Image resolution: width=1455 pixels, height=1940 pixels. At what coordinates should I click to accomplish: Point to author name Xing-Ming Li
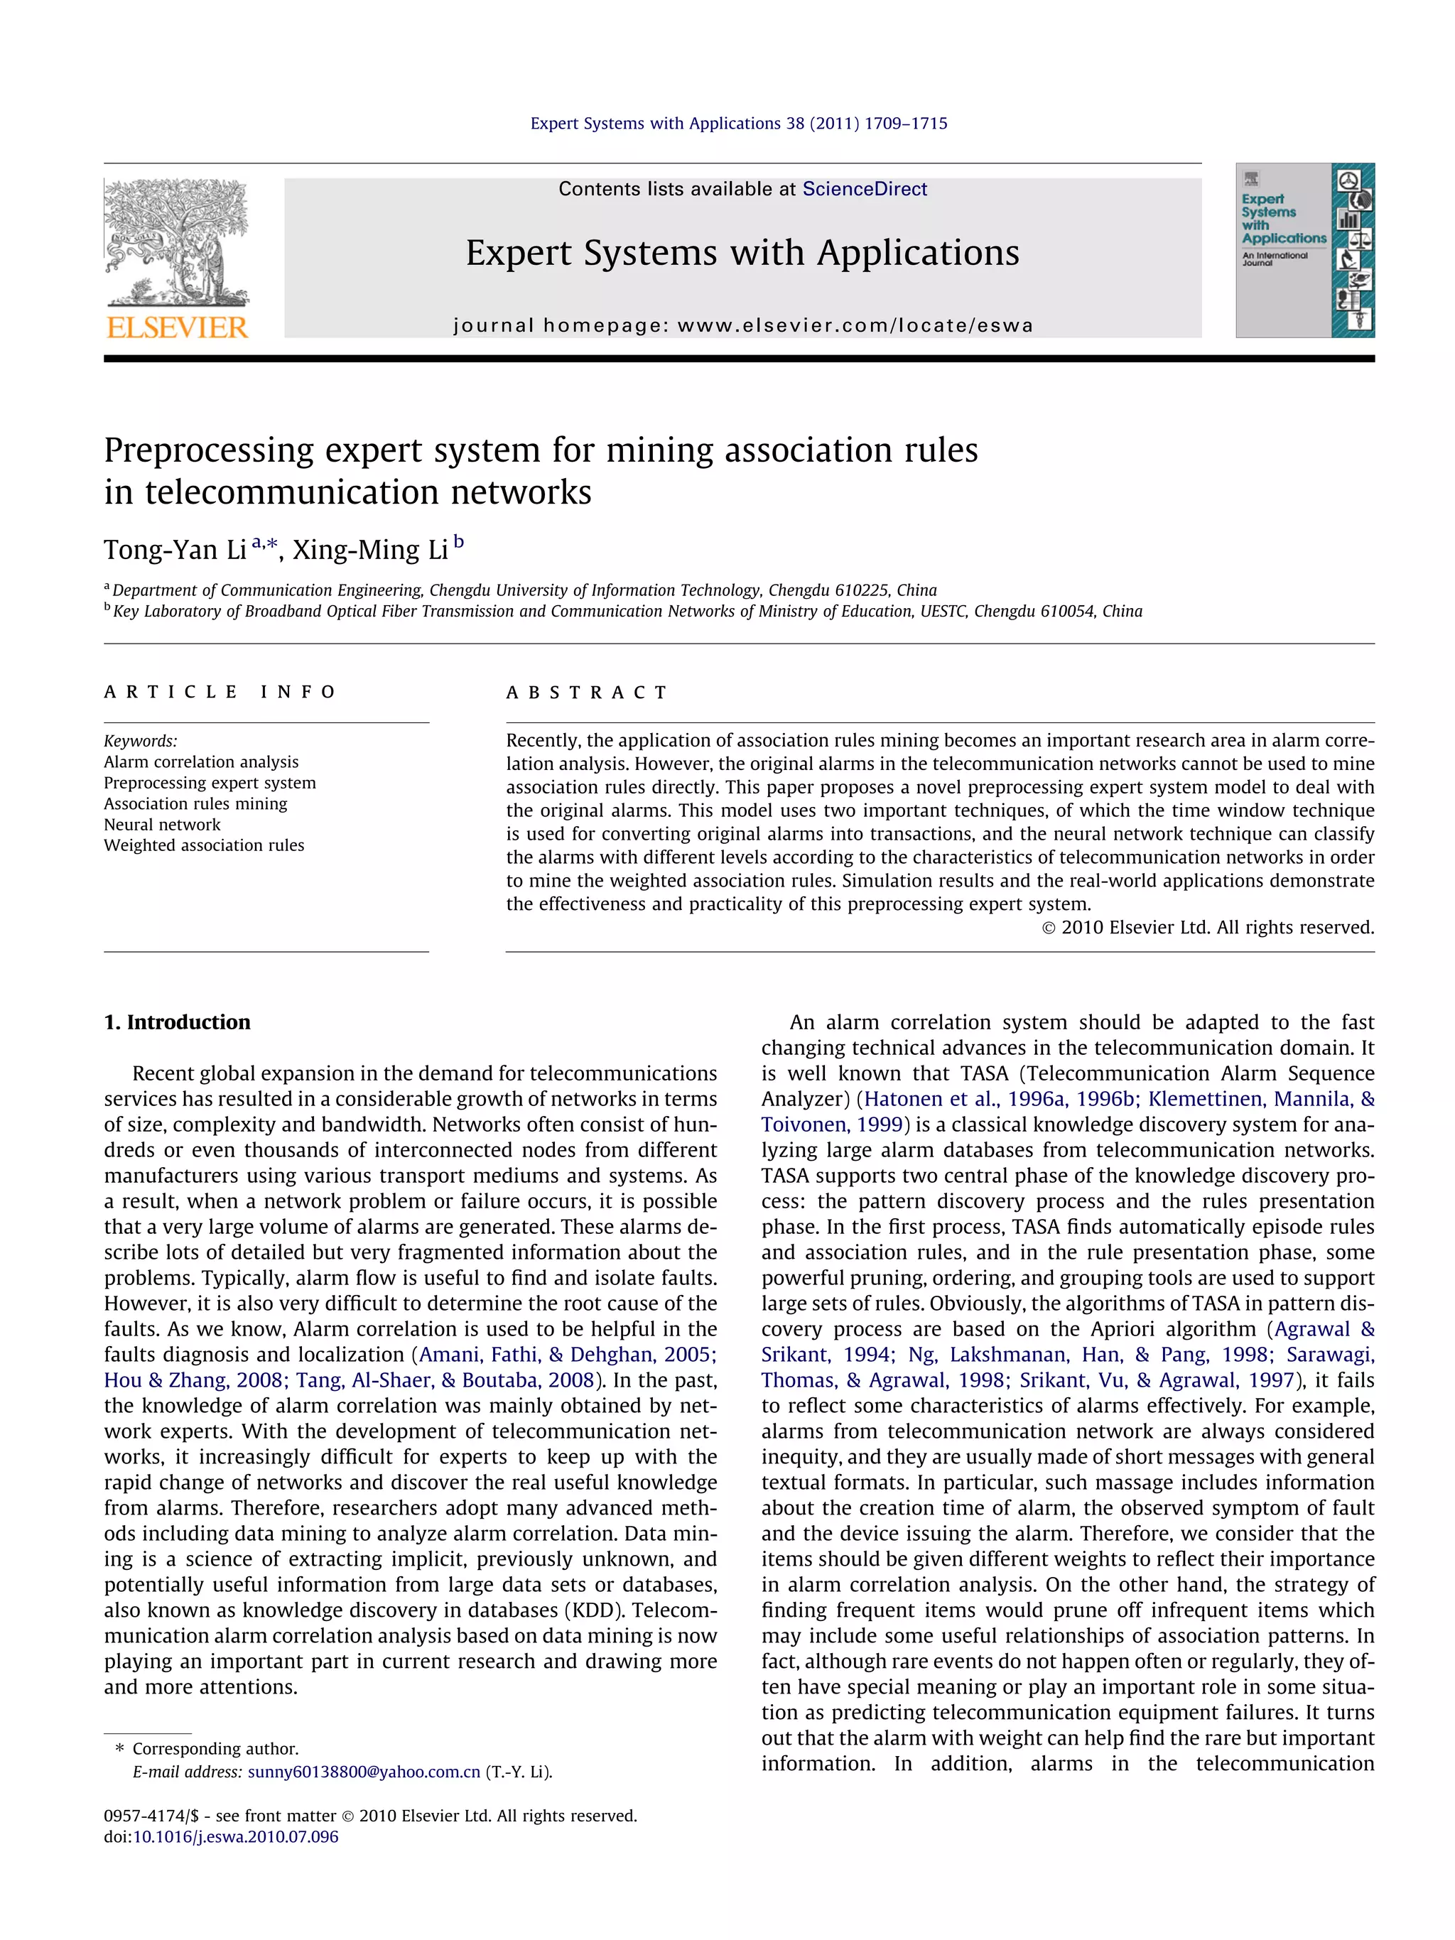tap(369, 550)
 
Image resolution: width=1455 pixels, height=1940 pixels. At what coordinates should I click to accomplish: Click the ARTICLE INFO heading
tap(220, 692)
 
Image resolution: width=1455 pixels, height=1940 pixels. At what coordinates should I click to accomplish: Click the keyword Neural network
tap(162, 825)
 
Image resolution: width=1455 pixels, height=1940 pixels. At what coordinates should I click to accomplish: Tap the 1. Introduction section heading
tap(177, 1023)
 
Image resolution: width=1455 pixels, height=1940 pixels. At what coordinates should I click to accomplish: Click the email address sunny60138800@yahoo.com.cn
tap(363, 1772)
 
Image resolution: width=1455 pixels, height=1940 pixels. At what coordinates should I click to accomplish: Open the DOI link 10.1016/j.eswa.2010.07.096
tap(235, 1836)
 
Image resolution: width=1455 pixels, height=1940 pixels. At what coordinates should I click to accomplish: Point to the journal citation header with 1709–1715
tap(738, 124)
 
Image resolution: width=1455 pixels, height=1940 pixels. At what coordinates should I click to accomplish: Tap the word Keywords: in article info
tap(141, 741)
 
